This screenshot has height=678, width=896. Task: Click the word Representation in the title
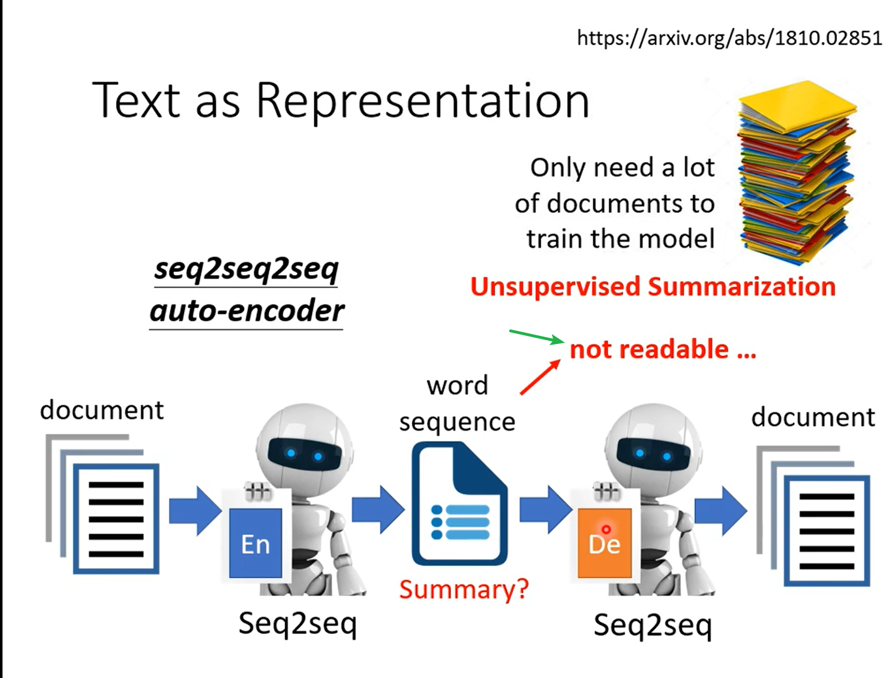[x=423, y=100]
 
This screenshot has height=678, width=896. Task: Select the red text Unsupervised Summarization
[x=653, y=287]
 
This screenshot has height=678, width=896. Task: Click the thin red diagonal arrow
[x=540, y=377]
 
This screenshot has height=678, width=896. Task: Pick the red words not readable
[x=662, y=350]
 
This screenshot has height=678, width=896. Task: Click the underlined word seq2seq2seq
[x=246, y=270]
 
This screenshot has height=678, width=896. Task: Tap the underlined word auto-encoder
[x=247, y=311]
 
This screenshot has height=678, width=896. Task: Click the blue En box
[x=256, y=543]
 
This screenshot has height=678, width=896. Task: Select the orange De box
[x=605, y=543]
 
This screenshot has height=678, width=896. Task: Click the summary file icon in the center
[x=459, y=503]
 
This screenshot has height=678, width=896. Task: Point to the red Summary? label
[x=463, y=589]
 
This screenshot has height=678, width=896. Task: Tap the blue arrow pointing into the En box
[x=195, y=510]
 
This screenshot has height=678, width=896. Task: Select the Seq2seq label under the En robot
[x=298, y=624]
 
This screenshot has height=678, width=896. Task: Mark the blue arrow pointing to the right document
[x=721, y=510]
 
